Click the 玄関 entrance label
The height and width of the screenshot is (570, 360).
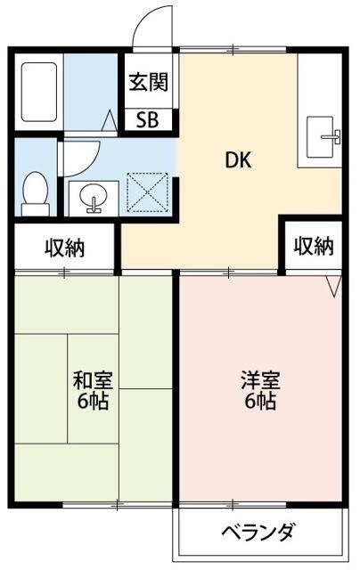148,84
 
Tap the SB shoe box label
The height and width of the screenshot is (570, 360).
147,120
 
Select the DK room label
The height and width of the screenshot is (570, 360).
237,161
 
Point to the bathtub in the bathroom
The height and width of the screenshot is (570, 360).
38,93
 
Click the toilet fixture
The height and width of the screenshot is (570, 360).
36,191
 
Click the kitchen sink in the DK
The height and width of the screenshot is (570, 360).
321,138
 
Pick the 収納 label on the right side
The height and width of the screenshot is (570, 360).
314,246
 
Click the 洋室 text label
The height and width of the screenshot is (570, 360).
259,379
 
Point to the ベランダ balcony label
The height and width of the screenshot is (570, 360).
258,533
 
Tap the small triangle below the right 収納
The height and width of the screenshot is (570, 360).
333,285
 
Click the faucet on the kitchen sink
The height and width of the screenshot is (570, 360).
334,136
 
